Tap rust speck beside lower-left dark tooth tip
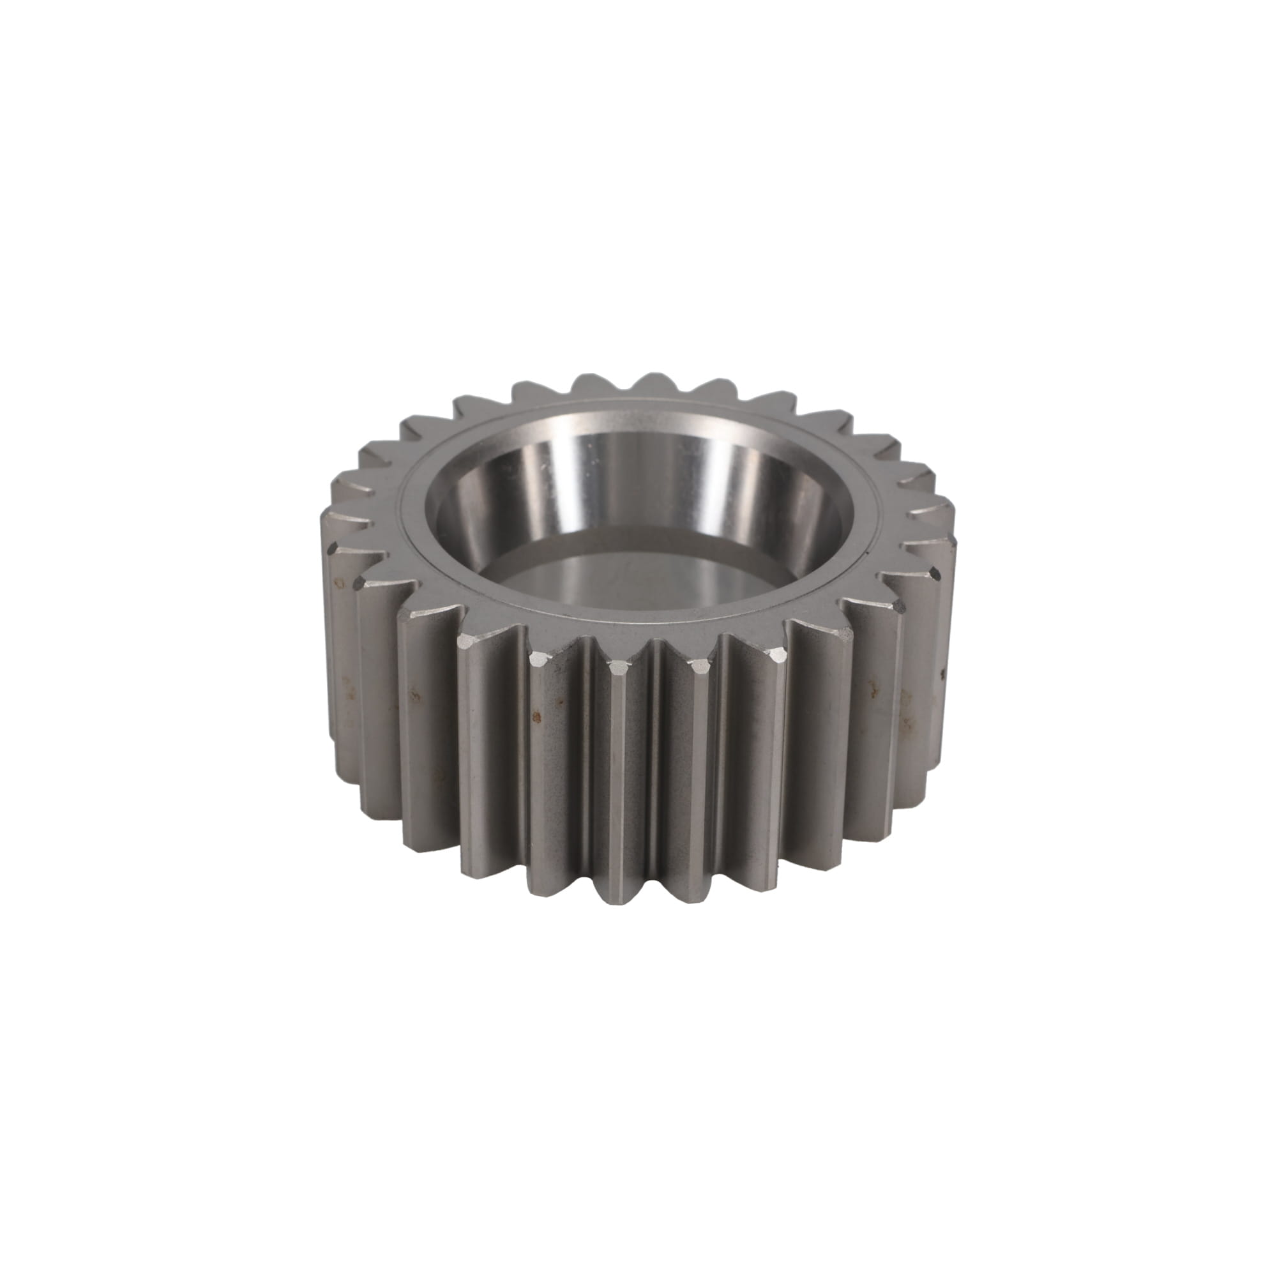[x=341, y=583]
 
